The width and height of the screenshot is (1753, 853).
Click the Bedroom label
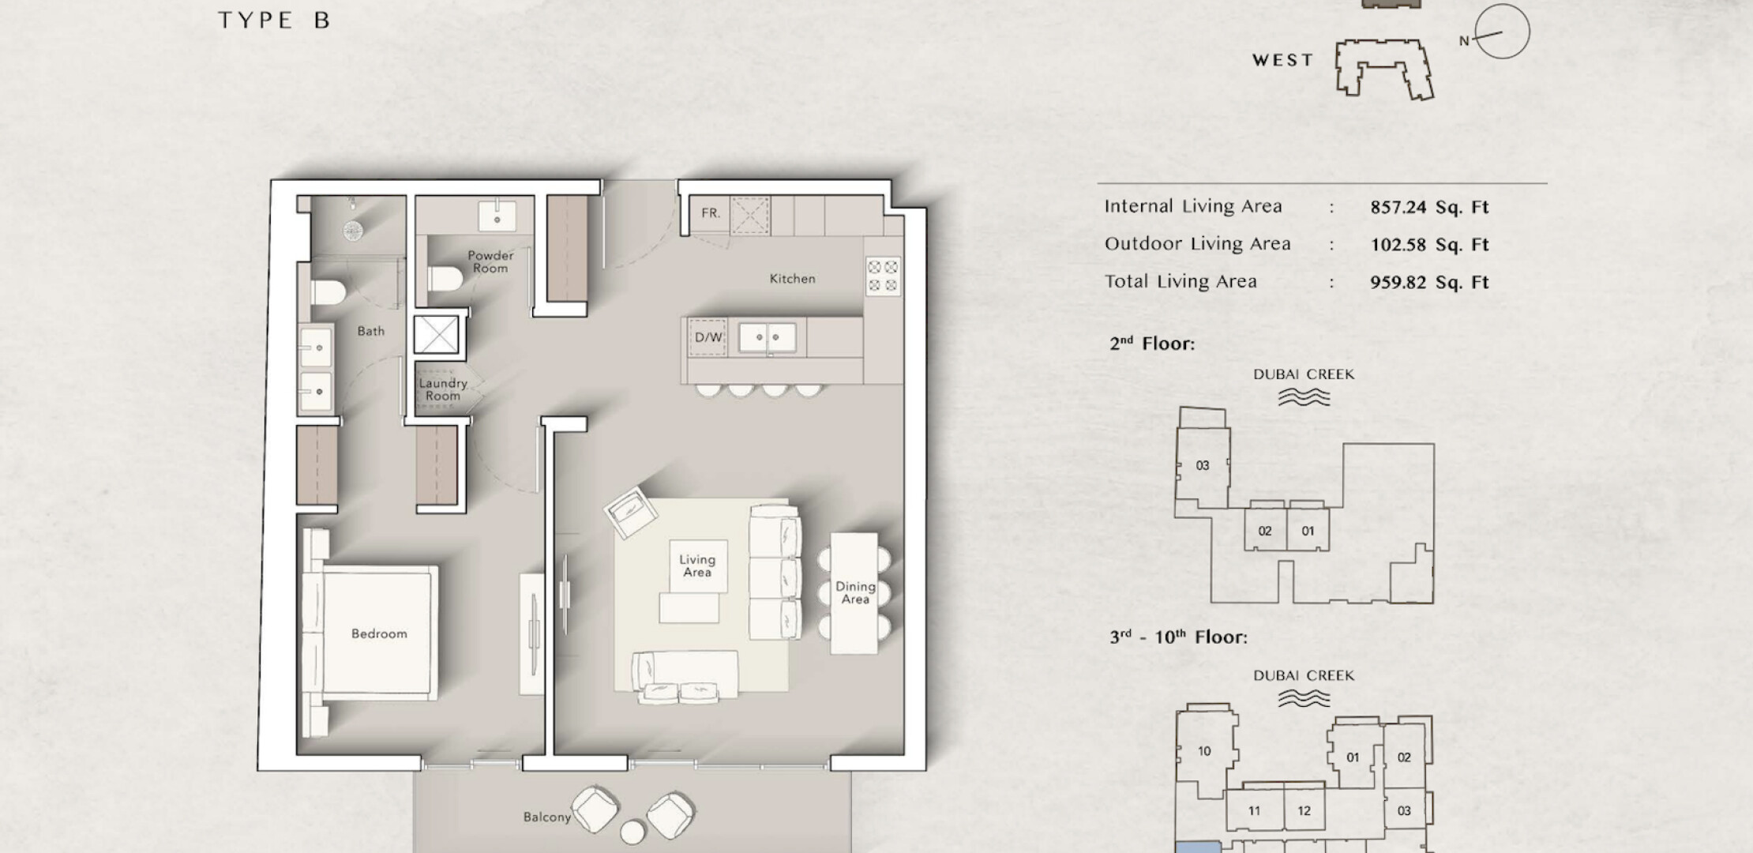point(379,633)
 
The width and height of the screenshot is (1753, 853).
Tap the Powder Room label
point(490,261)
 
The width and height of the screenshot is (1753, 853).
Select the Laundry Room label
point(443,389)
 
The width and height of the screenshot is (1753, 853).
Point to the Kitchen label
point(792,278)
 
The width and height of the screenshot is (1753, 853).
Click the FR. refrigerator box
point(710,213)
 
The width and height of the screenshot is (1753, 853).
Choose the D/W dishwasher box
point(708,337)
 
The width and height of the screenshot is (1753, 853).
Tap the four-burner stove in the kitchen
point(883,276)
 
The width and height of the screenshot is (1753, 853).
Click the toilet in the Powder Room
point(445,278)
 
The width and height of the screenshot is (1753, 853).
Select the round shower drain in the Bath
point(352,230)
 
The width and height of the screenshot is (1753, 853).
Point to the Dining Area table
point(854,593)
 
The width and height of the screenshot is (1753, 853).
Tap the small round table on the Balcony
point(633,832)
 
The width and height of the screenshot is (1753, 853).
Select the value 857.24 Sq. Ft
point(1428,207)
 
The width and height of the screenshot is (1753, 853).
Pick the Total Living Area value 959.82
point(1398,282)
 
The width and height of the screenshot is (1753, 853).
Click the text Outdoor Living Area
point(1197,244)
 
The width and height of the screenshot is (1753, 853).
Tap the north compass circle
point(1502,32)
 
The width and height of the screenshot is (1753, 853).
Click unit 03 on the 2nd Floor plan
point(1202,466)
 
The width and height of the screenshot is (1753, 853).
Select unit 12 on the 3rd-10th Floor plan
point(1304,810)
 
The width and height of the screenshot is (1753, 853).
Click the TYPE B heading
point(274,21)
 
